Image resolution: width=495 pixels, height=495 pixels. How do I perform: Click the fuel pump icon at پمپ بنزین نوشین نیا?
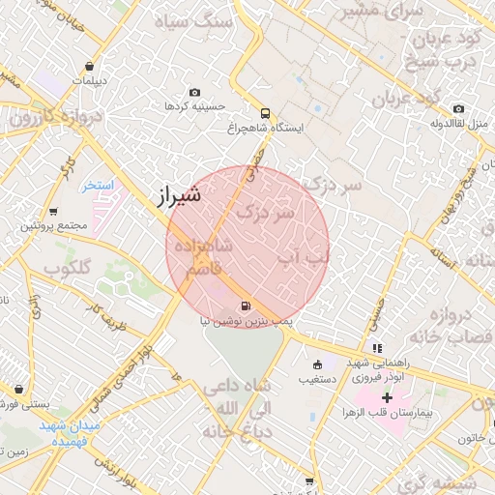tap(244, 305)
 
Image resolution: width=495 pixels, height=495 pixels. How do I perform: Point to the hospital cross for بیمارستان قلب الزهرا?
tap(388, 397)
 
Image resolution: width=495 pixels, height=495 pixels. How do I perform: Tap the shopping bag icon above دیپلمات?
tap(90, 67)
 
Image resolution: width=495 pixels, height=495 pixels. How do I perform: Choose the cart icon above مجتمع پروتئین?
tap(52, 211)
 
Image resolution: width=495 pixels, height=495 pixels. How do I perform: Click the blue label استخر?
tap(99, 185)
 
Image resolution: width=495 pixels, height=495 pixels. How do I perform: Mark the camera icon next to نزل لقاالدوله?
tap(458, 108)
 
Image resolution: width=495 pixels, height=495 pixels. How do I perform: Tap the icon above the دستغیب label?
tap(317, 364)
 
